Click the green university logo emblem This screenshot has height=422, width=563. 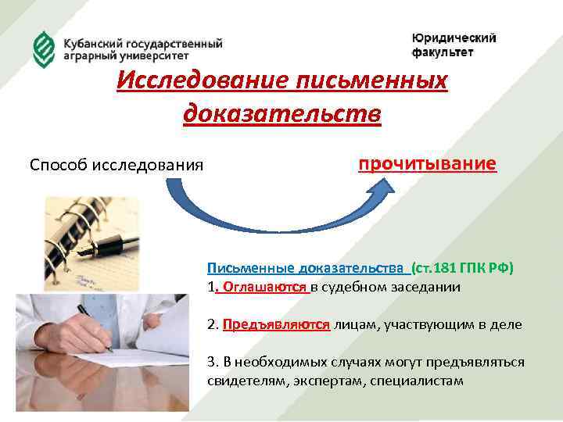41,48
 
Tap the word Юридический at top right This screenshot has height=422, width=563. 454,38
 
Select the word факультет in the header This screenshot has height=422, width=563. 443,52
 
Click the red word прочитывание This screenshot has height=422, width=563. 427,164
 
